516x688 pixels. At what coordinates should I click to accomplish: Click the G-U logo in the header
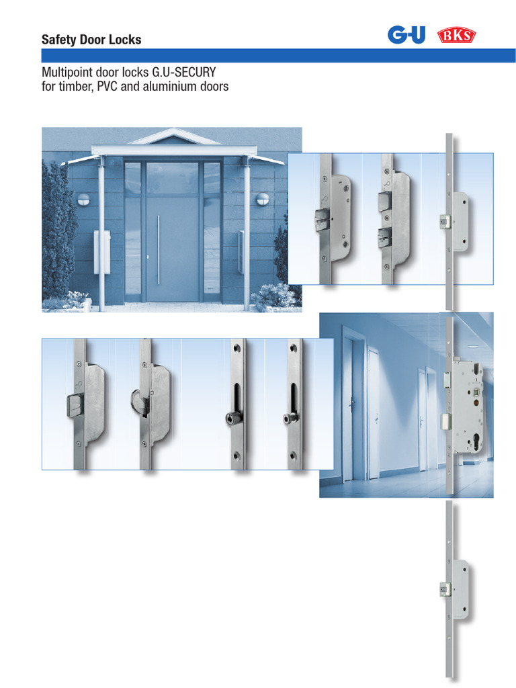[x=406, y=35]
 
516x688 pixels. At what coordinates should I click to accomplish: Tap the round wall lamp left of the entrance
[x=84, y=199]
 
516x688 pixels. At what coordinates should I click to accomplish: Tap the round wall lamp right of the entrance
[x=263, y=199]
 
